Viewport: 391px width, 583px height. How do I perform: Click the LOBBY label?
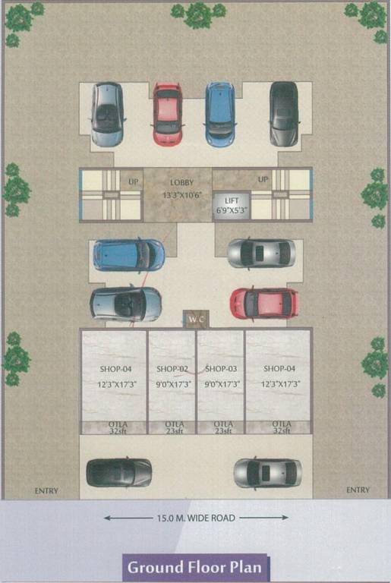click(181, 182)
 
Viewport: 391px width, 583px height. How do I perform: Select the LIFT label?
click(232, 199)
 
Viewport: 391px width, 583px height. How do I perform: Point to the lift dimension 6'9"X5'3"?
click(232, 209)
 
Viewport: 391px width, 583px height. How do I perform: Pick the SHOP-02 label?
click(172, 369)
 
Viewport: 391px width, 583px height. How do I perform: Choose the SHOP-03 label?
click(222, 369)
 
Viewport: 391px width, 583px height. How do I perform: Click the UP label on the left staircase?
click(133, 181)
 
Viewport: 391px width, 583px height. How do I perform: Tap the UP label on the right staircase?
click(263, 179)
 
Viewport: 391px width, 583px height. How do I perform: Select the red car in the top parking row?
click(167, 114)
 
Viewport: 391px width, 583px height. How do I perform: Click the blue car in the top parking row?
click(219, 114)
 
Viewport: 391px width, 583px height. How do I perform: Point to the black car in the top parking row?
click(283, 114)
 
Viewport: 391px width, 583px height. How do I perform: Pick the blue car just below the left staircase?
click(128, 255)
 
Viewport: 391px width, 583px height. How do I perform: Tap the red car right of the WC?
click(263, 303)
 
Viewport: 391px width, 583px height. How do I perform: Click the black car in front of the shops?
click(118, 472)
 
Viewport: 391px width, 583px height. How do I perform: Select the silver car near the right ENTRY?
click(267, 472)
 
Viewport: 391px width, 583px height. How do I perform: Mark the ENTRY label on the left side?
click(46, 491)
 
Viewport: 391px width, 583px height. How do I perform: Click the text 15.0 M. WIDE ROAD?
click(196, 518)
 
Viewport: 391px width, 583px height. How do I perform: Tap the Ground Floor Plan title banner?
click(197, 567)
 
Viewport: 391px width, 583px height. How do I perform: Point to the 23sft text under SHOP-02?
click(172, 430)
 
